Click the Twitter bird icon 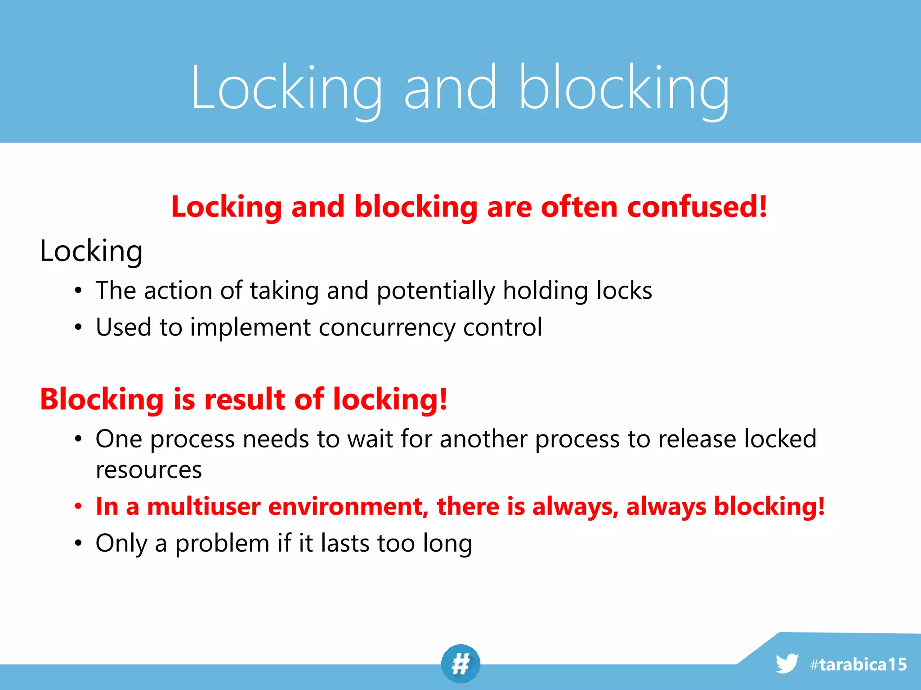787,663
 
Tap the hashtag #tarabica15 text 858,664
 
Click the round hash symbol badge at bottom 460,663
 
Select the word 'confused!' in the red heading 697,207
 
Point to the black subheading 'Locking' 91,251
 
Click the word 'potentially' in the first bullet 435,291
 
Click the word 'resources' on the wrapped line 149,470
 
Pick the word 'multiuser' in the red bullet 204,506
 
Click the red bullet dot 79,507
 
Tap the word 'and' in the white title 450,88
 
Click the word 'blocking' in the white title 624,88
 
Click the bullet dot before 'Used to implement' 79,327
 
